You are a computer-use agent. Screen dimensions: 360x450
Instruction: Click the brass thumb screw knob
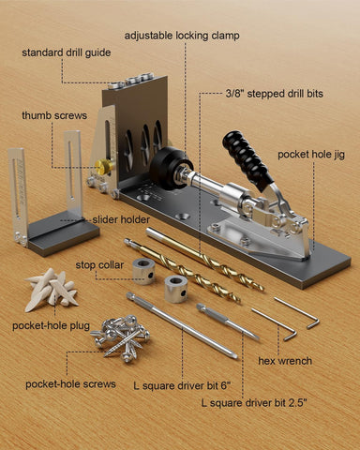click(x=104, y=166)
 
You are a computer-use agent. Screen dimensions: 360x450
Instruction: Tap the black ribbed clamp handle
click(x=247, y=161)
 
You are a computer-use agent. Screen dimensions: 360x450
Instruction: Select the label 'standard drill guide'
click(x=67, y=52)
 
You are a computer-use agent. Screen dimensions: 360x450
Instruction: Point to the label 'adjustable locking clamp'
click(x=182, y=36)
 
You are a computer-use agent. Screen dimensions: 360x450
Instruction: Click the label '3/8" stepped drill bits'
click(x=274, y=94)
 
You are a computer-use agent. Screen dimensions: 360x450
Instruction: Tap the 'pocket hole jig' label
click(x=311, y=155)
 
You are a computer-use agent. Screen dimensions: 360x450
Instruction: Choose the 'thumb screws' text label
click(x=54, y=115)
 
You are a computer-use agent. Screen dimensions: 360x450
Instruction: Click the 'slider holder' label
click(x=121, y=219)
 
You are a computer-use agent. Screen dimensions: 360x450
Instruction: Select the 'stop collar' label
click(x=99, y=265)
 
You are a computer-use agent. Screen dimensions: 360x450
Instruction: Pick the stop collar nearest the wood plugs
click(x=143, y=271)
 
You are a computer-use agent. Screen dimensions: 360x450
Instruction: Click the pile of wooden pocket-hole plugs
click(x=51, y=290)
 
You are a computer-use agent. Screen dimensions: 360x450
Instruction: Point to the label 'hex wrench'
click(x=285, y=361)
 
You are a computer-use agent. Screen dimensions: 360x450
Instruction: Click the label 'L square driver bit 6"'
click(x=182, y=385)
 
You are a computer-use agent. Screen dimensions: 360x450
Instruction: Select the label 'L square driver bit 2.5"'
click(x=254, y=403)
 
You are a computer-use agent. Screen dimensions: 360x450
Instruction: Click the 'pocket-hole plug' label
click(x=51, y=326)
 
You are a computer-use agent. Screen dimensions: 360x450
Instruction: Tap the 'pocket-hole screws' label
click(x=70, y=384)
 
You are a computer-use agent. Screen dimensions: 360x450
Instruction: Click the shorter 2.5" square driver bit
click(x=228, y=322)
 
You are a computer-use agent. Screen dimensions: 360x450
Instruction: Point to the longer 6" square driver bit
click(x=182, y=325)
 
